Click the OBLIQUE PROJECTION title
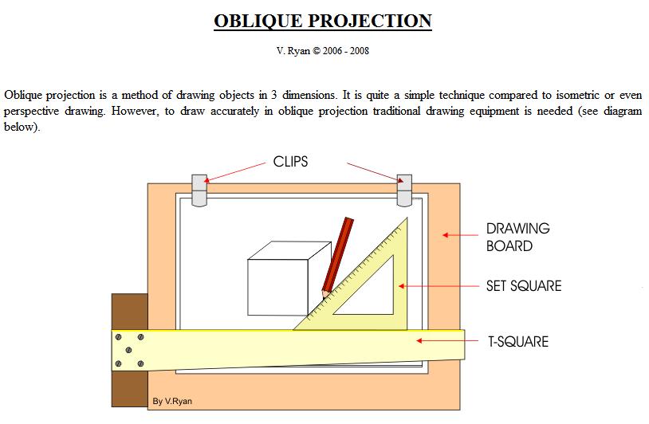323,21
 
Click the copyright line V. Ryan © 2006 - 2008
323,51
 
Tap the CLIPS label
290,162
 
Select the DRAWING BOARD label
517,237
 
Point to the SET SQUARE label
524,285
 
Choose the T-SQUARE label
518,342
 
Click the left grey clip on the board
199,190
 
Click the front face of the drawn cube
277,287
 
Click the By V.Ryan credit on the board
171,401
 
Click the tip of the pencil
324,294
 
